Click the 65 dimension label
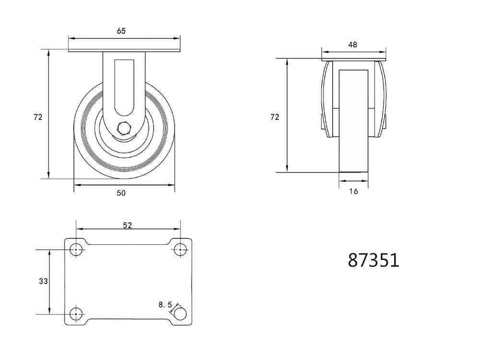(121, 31)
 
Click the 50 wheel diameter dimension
(121, 193)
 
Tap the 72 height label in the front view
(38, 117)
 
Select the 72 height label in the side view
(275, 117)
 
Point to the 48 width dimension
(353, 45)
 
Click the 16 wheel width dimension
(353, 192)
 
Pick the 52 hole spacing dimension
(127, 224)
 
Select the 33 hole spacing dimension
(43, 281)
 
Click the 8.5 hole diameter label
(165, 304)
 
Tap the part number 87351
(373, 260)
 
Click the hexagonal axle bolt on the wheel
(124, 129)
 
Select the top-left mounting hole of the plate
(76, 250)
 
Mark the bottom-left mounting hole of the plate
(76, 314)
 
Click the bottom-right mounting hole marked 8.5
(180, 314)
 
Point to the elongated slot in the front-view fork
(124, 86)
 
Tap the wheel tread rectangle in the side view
(354, 120)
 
